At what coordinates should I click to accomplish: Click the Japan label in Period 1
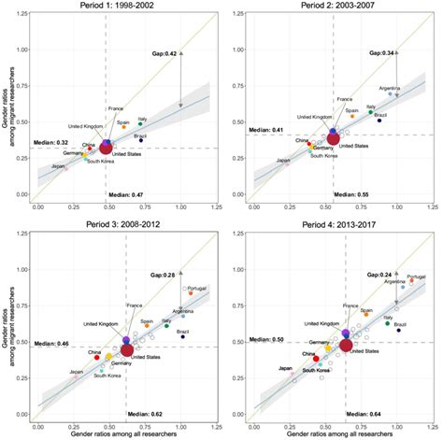[58, 165]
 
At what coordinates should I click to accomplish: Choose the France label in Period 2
[344, 99]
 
